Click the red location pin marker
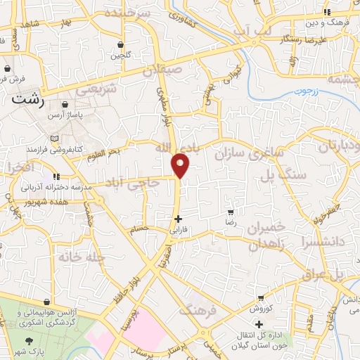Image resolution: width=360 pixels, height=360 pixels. coord(181,165)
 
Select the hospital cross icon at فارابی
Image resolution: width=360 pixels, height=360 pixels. coord(178,219)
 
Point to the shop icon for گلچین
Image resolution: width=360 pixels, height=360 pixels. coord(122,44)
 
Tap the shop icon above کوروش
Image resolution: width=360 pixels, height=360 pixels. coord(261,298)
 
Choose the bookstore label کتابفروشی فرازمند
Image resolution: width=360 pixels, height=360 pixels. coord(75,150)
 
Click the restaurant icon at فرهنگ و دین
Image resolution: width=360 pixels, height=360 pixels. coord(326,12)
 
